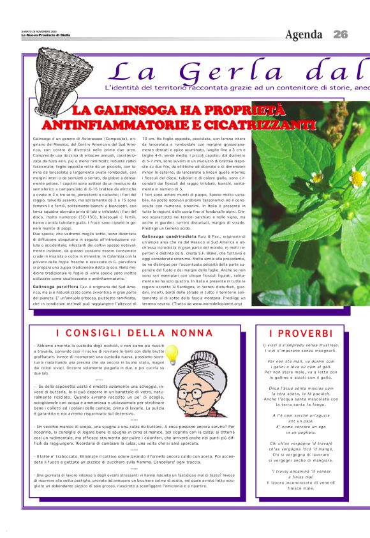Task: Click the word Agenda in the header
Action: point(305,34)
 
